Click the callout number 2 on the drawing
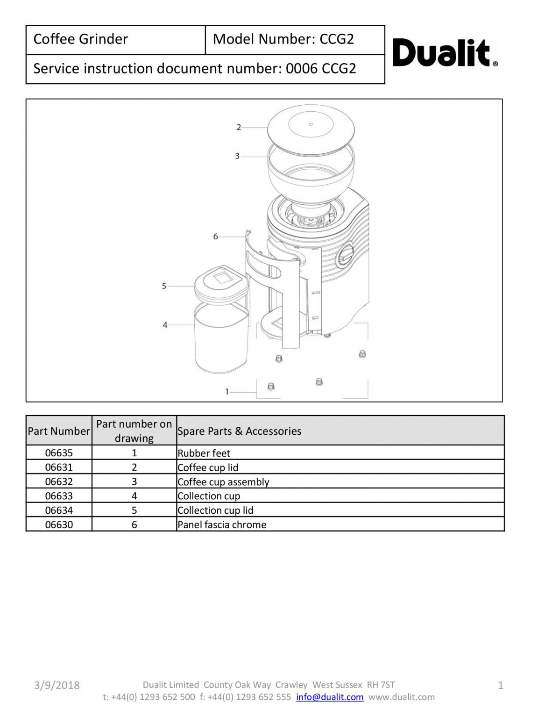click(x=239, y=127)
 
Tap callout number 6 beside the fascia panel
click(x=215, y=237)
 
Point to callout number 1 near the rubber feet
click(x=227, y=392)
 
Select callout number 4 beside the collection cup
click(x=165, y=325)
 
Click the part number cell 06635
click(x=59, y=453)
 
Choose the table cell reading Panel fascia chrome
click(x=222, y=524)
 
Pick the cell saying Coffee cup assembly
click(x=223, y=482)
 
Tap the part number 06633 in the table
click(x=59, y=496)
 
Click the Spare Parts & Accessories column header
click(x=239, y=431)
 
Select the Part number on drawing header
click(x=134, y=431)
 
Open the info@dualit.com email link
click(x=330, y=697)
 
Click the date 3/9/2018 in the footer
click(x=57, y=685)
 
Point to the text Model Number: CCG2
click(x=283, y=39)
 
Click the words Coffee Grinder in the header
click(x=80, y=39)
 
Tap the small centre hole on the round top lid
click(x=311, y=124)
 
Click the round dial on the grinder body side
click(x=346, y=253)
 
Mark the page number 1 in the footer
click(x=501, y=686)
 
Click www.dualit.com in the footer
click(x=401, y=697)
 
